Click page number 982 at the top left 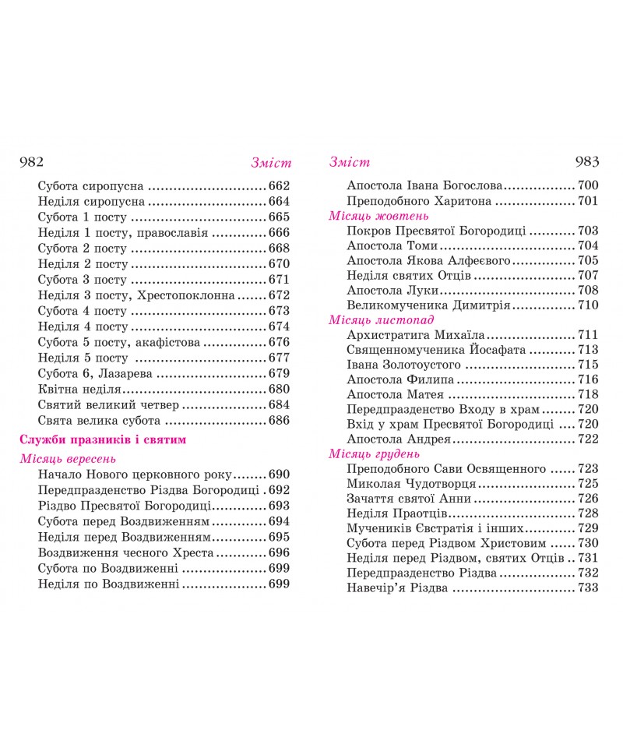point(28,162)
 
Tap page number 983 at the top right point(586,162)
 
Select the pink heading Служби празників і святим point(104,440)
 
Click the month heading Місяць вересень point(69,459)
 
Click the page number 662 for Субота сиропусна point(278,186)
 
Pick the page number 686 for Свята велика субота point(278,421)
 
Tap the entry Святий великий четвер point(109,405)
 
